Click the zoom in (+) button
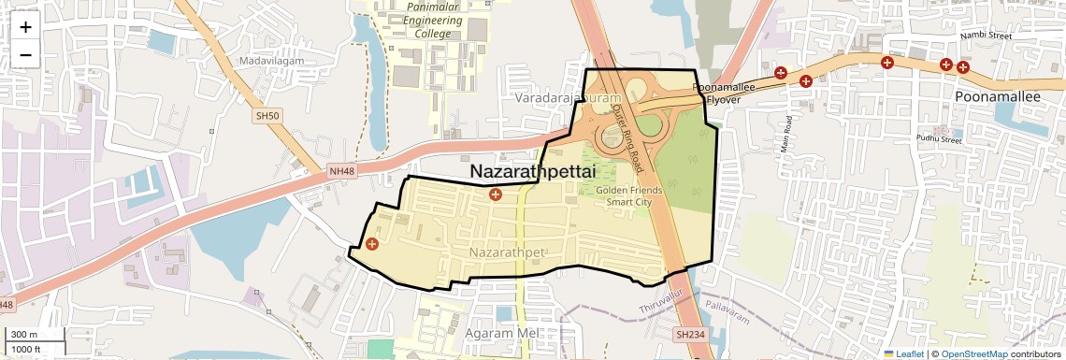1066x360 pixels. [x=25, y=27]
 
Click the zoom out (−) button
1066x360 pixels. [x=25, y=54]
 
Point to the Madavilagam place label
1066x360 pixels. [x=266, y=61]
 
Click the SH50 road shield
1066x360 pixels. [x=267, y=115]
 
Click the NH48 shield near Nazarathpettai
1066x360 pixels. [x=341, y=171]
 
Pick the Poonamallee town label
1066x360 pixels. [x=998, y=96]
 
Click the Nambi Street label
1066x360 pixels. [x=987, y=36]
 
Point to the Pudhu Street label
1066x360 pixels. [x=938, y=140]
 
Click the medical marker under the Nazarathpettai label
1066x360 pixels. [x=496, y=194]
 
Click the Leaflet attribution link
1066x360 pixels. [x=903, y=353]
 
